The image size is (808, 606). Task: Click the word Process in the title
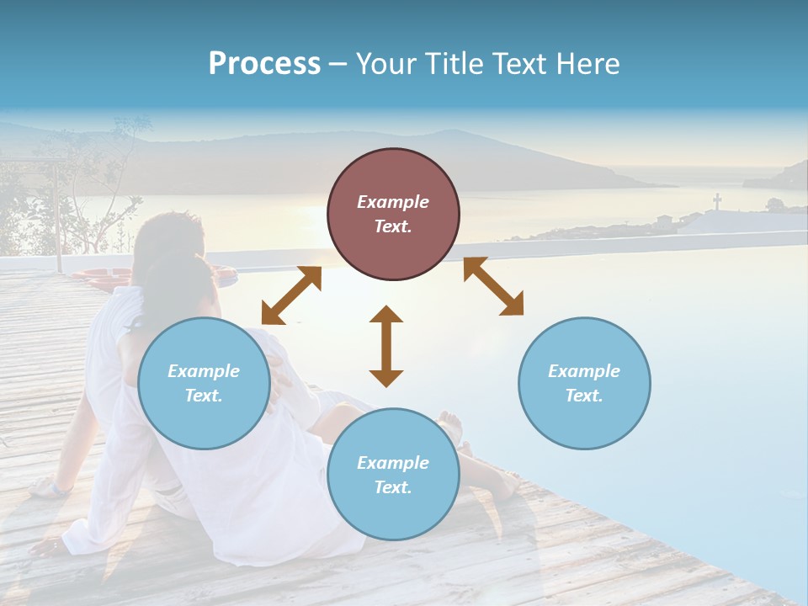coord(264,64)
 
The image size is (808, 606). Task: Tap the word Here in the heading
coord(587,64)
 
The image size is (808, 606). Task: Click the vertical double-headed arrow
coord(386,346)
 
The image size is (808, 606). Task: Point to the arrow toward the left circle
coord(291,295)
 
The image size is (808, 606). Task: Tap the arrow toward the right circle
coord(493,287)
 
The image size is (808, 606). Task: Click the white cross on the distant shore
coord(717,202)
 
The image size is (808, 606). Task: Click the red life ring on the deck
coord(101,275)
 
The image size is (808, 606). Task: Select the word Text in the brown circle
coord(393,226)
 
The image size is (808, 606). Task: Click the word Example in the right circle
coord(584,371)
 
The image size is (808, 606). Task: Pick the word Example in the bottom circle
coord(393,463)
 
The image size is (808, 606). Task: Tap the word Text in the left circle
coord(204,396)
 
